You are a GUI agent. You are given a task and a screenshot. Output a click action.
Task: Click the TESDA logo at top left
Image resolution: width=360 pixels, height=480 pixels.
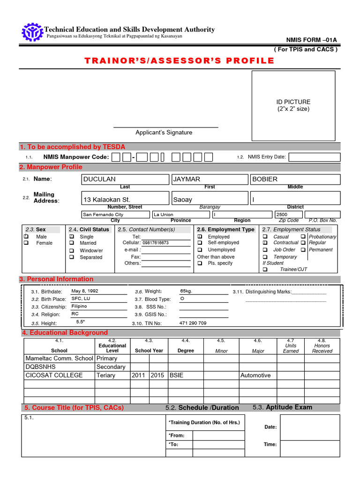click(32, 32)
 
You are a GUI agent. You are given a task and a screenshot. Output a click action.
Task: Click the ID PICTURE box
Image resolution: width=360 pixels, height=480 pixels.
click(293, 105)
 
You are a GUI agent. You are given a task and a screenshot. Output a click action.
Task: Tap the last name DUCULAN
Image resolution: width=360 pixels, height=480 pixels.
click(99, 179)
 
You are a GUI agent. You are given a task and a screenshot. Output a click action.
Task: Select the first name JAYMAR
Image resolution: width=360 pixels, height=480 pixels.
click(187, 179)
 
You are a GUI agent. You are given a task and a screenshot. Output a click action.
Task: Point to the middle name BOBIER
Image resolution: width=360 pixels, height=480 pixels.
click(265, 179)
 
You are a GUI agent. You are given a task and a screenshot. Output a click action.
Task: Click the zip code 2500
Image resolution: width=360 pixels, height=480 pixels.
click(282, 214)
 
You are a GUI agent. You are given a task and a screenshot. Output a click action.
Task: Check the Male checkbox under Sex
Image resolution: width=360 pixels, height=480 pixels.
click(26, 237)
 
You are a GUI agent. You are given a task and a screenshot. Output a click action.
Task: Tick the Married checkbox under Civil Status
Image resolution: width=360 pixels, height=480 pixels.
click(72, 243)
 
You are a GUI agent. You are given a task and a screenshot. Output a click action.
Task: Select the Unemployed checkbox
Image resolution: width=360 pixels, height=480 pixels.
click(200, 250)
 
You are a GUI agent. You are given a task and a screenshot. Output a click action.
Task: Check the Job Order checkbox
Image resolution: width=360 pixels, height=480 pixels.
click(265, 250)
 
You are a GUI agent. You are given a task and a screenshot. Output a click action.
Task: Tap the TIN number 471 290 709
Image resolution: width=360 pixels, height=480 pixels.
click(193, 323)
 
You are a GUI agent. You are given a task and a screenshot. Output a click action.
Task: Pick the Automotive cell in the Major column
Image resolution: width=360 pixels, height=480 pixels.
click(255, 375)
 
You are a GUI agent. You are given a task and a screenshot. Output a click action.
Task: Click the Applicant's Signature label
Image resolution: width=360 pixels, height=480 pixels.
click(164, 133)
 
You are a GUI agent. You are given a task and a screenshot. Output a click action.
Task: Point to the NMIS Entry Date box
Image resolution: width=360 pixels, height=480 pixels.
click(314, 157)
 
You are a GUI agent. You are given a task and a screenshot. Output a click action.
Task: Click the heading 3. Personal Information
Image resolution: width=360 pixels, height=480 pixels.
click(56, 279)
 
